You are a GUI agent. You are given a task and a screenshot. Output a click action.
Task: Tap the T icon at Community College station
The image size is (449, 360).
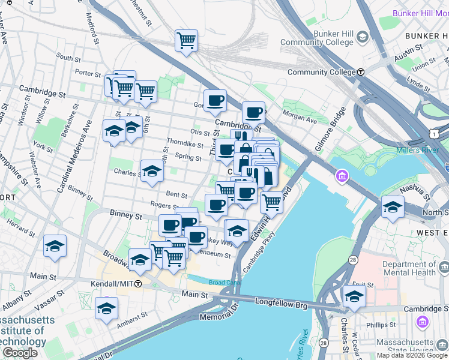point(361,72)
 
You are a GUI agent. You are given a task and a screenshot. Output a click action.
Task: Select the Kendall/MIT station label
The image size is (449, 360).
point(112,283)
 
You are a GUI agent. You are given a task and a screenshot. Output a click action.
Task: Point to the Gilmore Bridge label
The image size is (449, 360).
point(331,130)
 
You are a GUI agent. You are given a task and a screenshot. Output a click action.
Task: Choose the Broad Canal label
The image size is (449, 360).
point(223,283)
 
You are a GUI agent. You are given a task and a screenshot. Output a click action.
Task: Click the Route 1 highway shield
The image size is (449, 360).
point(441,131)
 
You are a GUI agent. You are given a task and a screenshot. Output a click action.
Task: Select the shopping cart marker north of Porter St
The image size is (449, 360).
point(187,41)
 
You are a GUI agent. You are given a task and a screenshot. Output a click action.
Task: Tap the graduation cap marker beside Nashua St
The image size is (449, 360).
point(393,206)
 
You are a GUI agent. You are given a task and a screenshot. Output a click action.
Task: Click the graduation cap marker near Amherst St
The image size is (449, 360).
point(106,308)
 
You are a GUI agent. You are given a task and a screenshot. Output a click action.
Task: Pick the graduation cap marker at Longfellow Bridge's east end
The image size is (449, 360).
point(354,296)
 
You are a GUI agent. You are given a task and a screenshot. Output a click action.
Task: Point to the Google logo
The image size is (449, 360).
point(20,353)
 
